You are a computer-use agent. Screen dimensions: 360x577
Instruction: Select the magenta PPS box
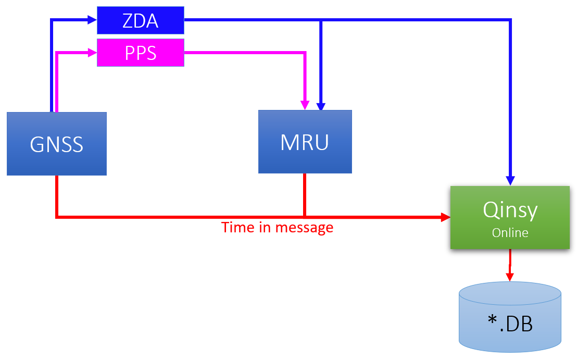pos(141,53)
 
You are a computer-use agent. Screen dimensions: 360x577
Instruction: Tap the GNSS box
pos(56,143)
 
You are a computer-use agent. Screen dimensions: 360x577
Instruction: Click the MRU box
pos(305,142)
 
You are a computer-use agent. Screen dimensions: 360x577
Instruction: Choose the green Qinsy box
pos(510,217)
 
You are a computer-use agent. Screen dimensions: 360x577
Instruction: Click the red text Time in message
pos(277,228)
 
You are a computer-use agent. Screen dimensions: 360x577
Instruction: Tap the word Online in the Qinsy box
pos(510,233)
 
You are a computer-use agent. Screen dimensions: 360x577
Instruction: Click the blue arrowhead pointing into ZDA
pos(92,20)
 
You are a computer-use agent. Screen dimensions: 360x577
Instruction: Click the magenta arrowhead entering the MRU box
pos(305,105)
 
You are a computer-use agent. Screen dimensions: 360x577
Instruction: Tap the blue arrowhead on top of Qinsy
pos(510,180)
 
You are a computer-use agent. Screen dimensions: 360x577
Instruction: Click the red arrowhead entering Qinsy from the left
pos(445,216)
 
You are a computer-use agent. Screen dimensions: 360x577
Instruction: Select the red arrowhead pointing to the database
pos(510,276)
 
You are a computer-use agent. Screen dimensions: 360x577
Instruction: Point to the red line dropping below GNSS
pos(56,195)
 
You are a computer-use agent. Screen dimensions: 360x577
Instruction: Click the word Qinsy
pos(510,210)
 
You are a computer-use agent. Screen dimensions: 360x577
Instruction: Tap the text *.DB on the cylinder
pos(510,324)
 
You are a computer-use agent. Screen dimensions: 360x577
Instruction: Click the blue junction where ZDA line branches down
pos(321,20)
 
